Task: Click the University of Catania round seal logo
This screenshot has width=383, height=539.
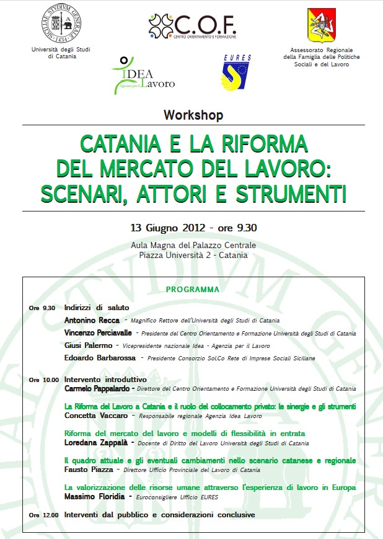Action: tap(62, 22)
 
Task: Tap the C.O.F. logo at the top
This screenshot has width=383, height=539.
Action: tap(193, 25)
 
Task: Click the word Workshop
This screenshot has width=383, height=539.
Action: tap(193, 115)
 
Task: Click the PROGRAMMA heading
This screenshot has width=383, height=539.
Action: tap(193, 290)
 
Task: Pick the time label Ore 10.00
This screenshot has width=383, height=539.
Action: tap(43, 380)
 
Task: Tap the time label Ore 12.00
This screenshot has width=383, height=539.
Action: tap(43, 515)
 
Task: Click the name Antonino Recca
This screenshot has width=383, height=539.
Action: tap(92, 321)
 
